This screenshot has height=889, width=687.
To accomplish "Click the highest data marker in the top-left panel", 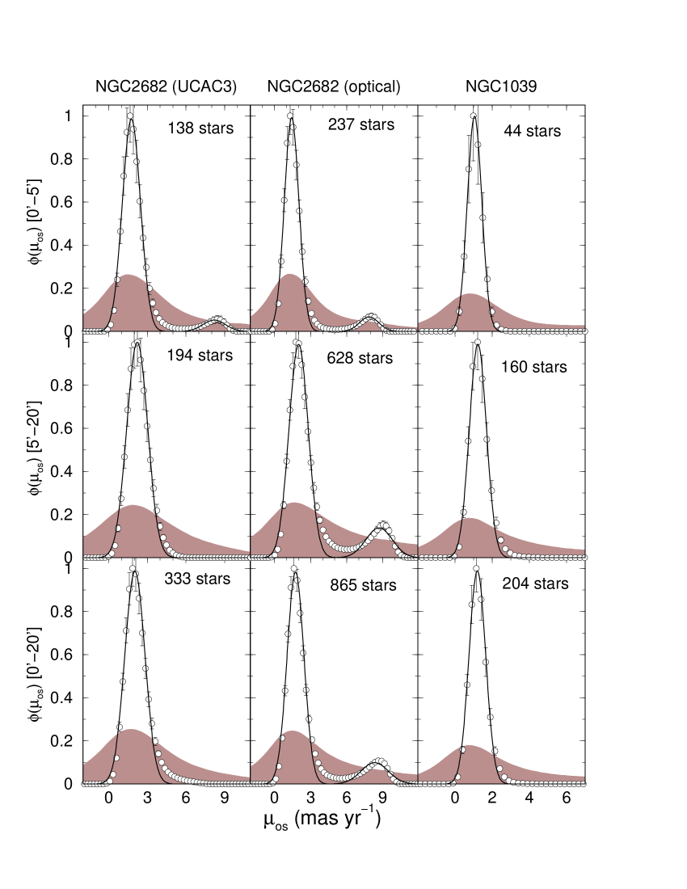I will [x=130, y=116].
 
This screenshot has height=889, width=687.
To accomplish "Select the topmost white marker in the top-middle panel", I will [x=290, y=116].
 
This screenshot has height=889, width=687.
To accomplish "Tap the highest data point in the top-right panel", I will [x=474, y=116].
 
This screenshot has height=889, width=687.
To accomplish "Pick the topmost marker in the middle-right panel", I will [x=478, y=342].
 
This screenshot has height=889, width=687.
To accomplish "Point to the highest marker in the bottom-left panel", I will [x=133, y=568].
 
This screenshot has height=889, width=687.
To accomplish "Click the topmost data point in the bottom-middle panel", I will [x=293, y=568].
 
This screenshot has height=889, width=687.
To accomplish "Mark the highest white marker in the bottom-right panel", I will [x=476, y=568].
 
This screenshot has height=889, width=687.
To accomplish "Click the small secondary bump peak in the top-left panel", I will [x=217, y=320].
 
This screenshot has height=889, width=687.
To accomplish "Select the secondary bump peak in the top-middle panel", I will [x=371, y=317].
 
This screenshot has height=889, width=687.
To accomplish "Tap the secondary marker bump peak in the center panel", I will [x=383, y=525].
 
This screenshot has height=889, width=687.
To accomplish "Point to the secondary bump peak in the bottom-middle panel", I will [x=380, y=760].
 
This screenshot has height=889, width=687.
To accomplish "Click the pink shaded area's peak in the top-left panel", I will [x=128, y=275].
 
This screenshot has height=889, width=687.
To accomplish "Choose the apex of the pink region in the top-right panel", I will [x=470, y=294].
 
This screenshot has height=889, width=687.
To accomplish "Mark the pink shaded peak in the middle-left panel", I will [x=133, y=505].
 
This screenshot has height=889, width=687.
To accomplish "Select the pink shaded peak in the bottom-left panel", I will [x=131, y=730].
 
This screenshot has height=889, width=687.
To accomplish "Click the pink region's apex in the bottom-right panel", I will [x=470, y=745].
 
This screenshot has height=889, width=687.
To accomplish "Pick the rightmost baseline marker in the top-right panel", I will [x=584, y=331].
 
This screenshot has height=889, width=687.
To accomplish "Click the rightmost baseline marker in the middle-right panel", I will [x=584, y=558].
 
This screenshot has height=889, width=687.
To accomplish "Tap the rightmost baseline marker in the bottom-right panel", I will [x=584, y=784].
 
